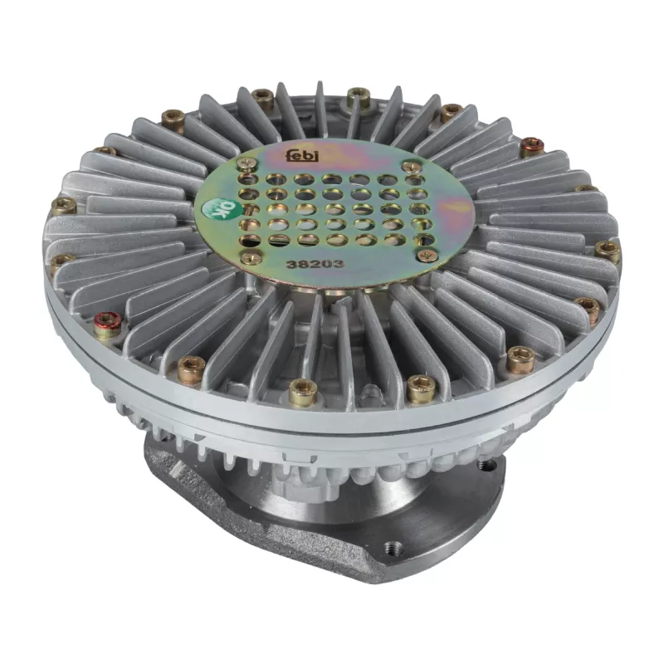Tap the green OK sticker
pyautogui.click(x=217, y=213)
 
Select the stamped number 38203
pyautogui.click(x=308, y=265)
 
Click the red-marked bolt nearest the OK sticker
pyautogui.click(x=107, y=326)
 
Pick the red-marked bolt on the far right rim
pyautogui.click(x=532, y=147)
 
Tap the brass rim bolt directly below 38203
pyautogui.click(x=302, y=390)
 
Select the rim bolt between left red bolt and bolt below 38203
pyautogui.click(x=191, y=367)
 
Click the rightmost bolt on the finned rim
pyautogui.click(x=608, y=250)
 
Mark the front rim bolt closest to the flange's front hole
pyautogui.click(x=422, y=388)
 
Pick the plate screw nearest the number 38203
pyautogui.click(x=251, y=258)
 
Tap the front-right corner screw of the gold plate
pyautogui.click(x=428, y=256)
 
